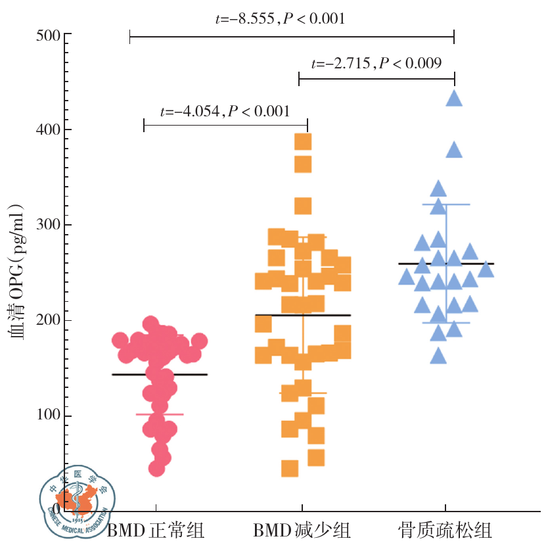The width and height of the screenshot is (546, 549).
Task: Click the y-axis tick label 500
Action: tap(47, 34)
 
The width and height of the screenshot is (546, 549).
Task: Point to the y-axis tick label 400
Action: tap(47, 130)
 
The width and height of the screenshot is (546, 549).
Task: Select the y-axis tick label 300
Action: tap(47, 225)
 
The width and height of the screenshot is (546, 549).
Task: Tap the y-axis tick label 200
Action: tap(47, 320)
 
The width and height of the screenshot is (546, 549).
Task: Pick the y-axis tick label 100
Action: tap(47, 416)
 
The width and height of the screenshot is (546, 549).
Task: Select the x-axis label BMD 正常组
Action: tap(156, 530)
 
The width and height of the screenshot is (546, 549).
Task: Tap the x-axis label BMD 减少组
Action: tap(302, 530)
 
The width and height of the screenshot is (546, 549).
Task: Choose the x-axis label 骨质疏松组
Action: tap(445, 530)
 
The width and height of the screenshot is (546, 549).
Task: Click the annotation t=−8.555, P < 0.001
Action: tap(280, 18)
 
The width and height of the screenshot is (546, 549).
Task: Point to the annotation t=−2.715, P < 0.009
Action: tap(376, 63)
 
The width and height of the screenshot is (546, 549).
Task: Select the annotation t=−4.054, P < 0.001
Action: tap(225, 111)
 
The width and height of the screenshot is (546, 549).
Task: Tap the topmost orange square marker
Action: tap(303, 142)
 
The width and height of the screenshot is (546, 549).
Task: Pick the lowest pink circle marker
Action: tap(156, 468)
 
